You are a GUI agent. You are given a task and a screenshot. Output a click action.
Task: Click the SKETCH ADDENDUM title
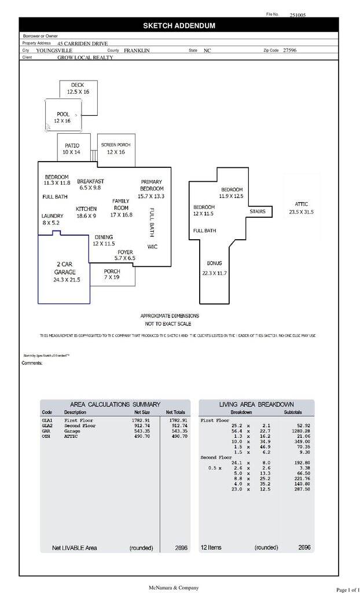[x=179, y=25]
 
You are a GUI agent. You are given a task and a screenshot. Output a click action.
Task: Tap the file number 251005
[x=298, y=15]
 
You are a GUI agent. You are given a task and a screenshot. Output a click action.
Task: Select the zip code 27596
[x=291, y=50]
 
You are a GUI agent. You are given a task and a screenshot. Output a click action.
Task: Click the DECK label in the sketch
[x=78, y=85]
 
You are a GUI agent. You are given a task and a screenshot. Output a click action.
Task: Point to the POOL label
[x=63, y=114]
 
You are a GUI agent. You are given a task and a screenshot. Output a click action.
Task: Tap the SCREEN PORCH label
[x=116, y=144]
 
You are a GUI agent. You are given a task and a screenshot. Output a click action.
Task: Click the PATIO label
[x=72, y=146]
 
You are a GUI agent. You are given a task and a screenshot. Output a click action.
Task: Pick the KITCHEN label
[x=86, y=208]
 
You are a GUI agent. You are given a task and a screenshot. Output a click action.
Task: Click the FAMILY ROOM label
[x=121, y=204]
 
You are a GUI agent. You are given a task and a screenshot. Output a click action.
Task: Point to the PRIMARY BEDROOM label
[x=152, y=185]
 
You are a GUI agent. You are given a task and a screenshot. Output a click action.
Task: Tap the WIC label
[x=152, y=247]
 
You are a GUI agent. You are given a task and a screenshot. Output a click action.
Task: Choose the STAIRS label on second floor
[x=258, y=211]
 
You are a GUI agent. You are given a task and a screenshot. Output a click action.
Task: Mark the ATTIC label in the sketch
[x=302, y=204]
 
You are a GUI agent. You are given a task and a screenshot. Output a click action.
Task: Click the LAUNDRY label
[x=52, y=215]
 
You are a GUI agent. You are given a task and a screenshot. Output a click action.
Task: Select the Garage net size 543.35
[x=142, y=431]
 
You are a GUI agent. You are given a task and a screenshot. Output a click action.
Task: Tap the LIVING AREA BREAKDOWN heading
[x=256, y=404]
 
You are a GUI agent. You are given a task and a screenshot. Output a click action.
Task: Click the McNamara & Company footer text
[x=179, y=587]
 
